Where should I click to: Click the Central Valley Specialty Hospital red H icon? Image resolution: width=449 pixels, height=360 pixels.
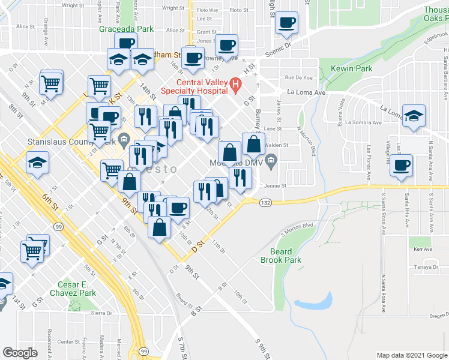(236, 86)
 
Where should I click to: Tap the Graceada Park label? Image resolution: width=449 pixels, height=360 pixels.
(127, 29)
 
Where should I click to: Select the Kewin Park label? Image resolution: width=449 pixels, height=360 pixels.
(351, 69)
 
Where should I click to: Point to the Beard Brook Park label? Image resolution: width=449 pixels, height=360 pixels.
(276, 256)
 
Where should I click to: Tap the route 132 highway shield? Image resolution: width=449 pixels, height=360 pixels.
(264, 203)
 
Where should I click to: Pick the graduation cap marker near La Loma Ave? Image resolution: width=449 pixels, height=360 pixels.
(414, 115)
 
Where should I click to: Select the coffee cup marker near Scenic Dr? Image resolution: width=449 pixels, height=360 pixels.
(287, 23)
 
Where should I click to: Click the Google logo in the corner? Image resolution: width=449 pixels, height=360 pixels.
(20, 352)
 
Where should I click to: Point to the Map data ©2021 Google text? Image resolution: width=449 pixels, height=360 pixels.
(411, 355)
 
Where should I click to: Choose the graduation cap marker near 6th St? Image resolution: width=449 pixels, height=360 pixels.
(38, 162)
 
